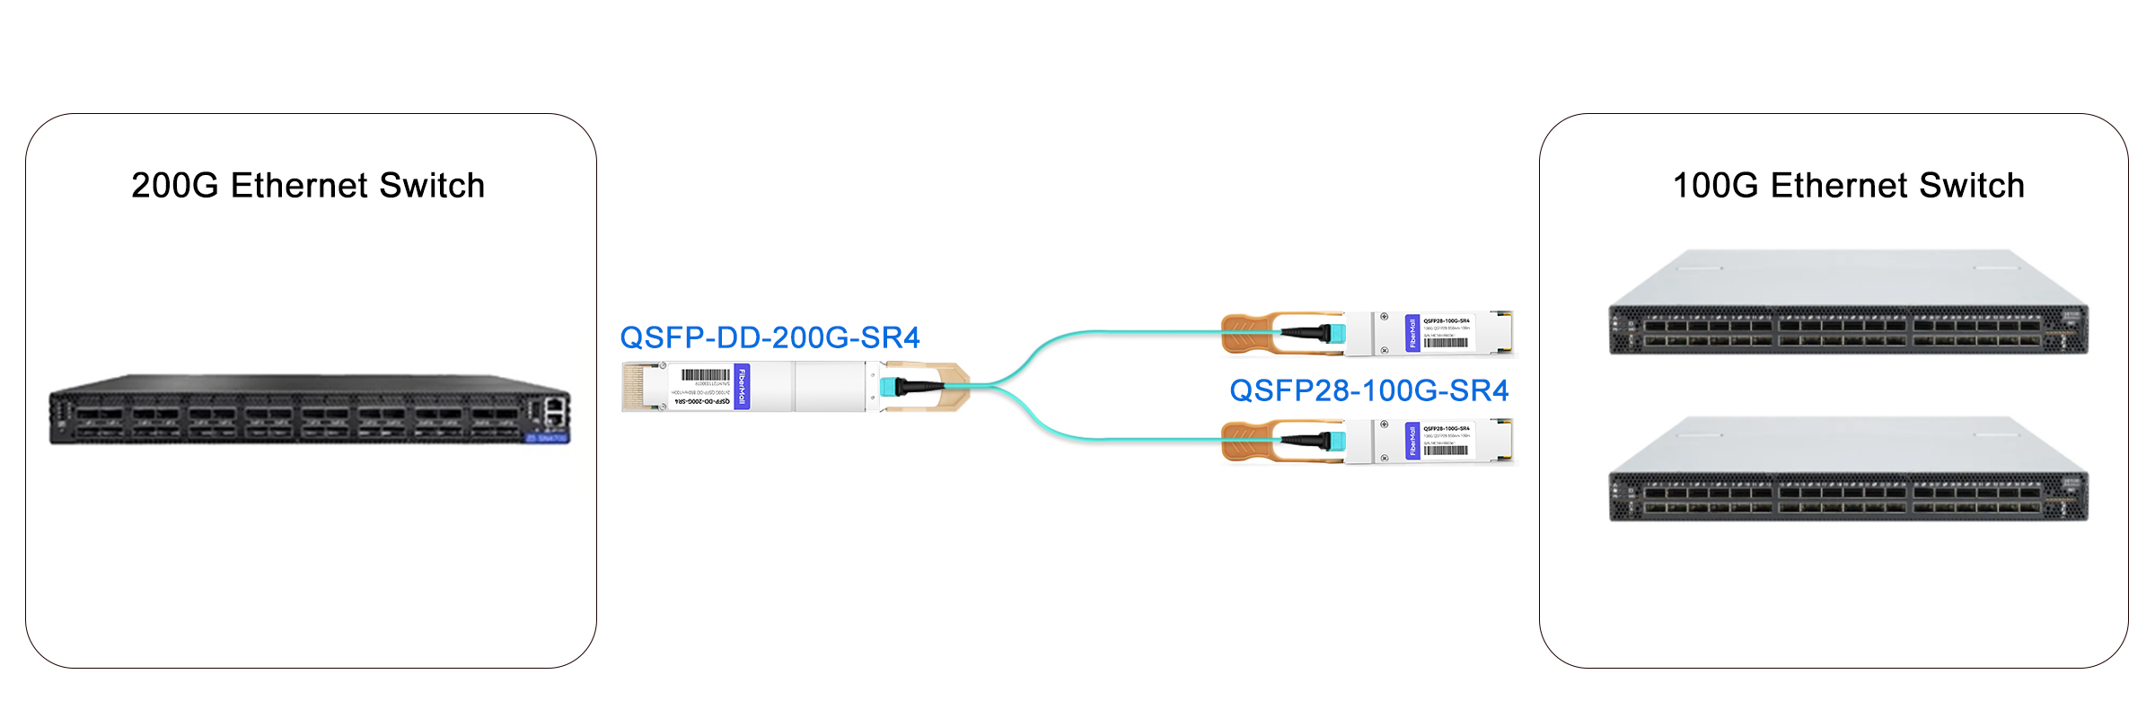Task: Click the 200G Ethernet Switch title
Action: [x=308, y=186]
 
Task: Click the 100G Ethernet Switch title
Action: [x=1848, y=186]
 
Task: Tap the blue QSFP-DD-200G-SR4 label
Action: [x=770, y=337]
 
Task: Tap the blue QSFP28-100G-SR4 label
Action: [x=1368, y=390]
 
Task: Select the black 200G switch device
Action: [x=309, y=410]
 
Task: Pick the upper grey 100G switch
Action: [x=1848, y=303]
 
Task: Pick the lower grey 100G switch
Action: [x=1848, y=469]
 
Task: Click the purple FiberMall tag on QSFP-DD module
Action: [x=742, y=387]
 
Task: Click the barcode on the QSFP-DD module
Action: [x=706, y=375]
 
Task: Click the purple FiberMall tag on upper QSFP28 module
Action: [x=1412, y=334]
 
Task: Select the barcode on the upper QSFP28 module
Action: [x=1445, y=343]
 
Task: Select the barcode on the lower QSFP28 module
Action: [x=1445, y=451]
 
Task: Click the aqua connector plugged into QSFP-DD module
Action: [x=888, y=387]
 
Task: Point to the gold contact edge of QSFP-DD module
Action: [x=633, y=387]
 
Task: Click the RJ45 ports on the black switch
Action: [x=555, y=412]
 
